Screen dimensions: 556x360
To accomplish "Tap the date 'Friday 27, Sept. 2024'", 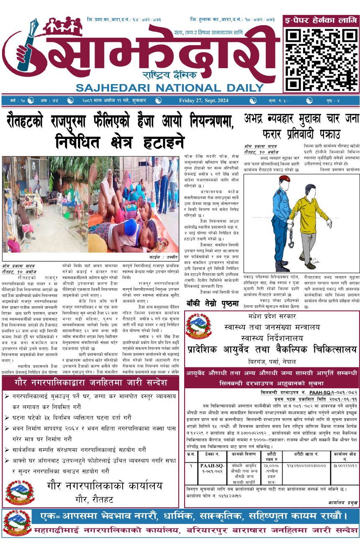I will [x=203, y=100].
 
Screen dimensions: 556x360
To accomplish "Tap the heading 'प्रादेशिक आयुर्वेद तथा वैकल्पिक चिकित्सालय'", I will [x=272, y=350].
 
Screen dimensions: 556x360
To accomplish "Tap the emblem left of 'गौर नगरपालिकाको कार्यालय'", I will [x=19, y=492].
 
